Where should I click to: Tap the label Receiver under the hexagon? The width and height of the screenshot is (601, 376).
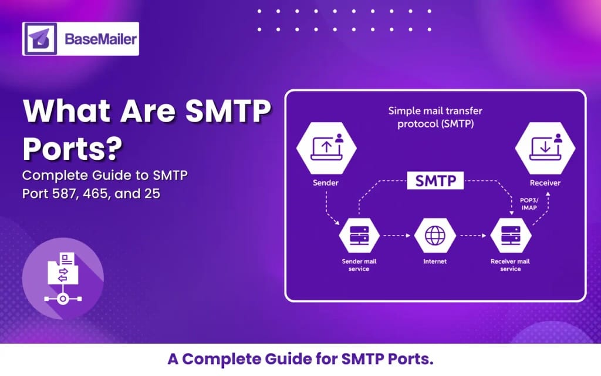click(x=545, y=183)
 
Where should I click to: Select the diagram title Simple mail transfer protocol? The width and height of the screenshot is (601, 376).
click(x=431, y=117)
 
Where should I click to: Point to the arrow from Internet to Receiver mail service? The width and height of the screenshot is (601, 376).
click(x=473, y=237)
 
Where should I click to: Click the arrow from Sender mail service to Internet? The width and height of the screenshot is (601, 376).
click(x=397, y=237)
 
